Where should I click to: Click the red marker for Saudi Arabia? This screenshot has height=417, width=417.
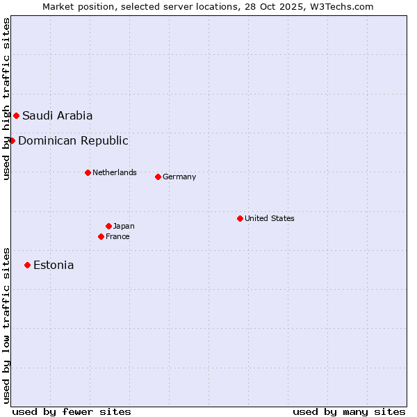[16, 115]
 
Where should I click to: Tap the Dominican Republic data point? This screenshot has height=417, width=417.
[12, 140]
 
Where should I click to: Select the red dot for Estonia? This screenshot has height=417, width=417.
[27, 265]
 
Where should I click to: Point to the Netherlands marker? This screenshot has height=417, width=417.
[88, 172]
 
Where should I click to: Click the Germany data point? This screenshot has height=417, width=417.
[158, 177]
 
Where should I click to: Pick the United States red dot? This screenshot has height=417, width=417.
[240, 218]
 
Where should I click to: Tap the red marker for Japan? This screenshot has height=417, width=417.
[108, 226]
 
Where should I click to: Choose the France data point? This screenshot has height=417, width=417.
[101, 236]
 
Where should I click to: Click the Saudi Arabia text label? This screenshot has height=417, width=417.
[57, 115]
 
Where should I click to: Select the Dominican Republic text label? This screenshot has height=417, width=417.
[73, 140]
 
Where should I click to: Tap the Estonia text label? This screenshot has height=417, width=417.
[54, 265]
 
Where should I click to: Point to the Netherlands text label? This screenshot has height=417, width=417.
[115, 172]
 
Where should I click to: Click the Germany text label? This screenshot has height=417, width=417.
[179, 177]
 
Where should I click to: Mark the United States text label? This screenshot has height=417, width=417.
[270, 218]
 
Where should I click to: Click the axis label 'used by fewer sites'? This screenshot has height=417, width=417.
[72, 411]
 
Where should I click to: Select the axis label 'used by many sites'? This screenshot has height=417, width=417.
[349, 411]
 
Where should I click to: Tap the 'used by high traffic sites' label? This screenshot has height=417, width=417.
[6, 99]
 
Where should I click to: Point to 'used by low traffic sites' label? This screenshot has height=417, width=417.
[6, 325]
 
